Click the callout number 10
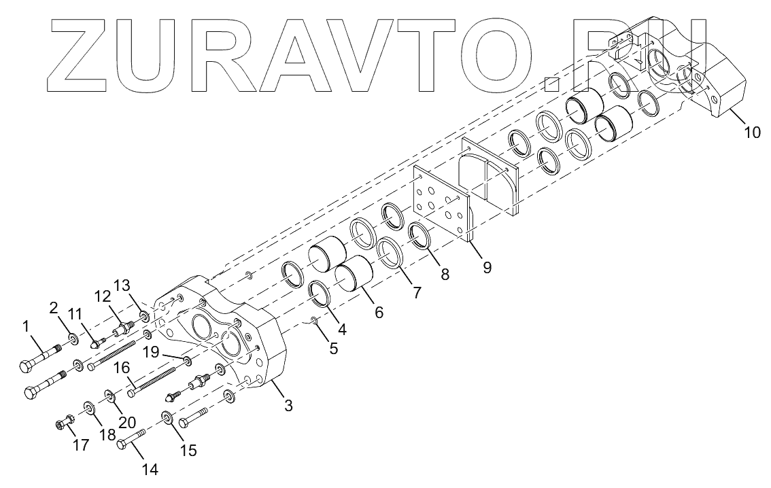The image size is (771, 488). (x=752, y=133)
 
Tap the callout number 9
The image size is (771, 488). (x=487, y=267)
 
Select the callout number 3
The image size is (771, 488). (x=289, y=406)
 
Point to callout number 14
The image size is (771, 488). (x=150, y=470)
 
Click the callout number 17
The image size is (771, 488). (x=81, y=445)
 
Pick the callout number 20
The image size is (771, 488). (x=127, y=422)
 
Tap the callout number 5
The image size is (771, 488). (x=333, y=349)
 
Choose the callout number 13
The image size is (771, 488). (x=122, y=285)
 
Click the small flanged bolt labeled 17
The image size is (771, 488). (x=65, y=423)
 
